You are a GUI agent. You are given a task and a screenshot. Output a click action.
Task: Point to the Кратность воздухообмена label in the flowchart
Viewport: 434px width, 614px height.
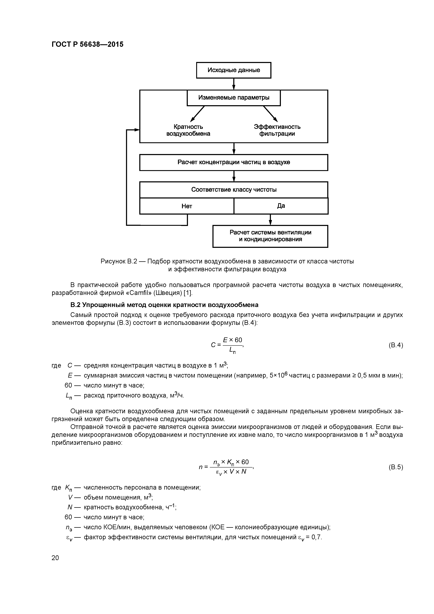point(188,130)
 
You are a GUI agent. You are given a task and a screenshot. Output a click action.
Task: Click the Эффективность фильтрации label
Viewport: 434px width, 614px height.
point(277,130)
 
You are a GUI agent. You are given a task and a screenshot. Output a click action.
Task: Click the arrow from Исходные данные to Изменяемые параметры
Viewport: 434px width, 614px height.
point(234,84)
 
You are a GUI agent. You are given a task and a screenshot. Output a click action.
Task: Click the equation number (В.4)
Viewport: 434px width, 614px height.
point(395,345)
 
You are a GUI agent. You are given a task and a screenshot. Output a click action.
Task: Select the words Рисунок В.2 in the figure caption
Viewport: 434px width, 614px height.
point(118,261)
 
